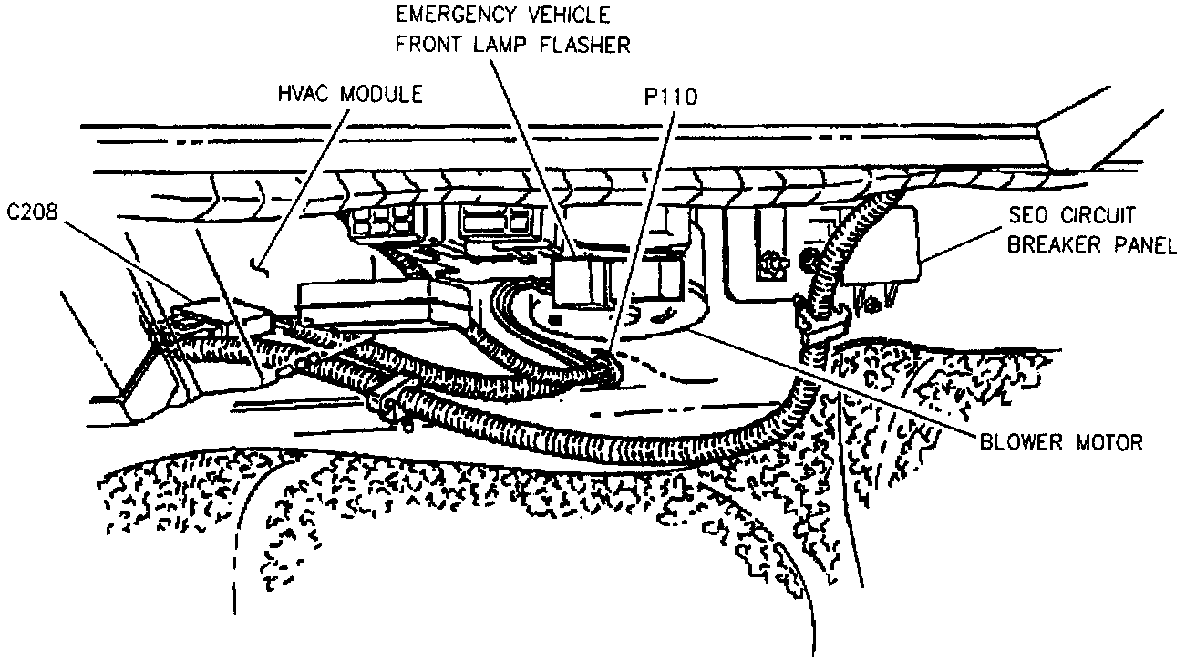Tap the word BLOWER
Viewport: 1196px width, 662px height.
coord(1023,443)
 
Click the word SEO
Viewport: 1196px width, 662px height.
coord(1027,217)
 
